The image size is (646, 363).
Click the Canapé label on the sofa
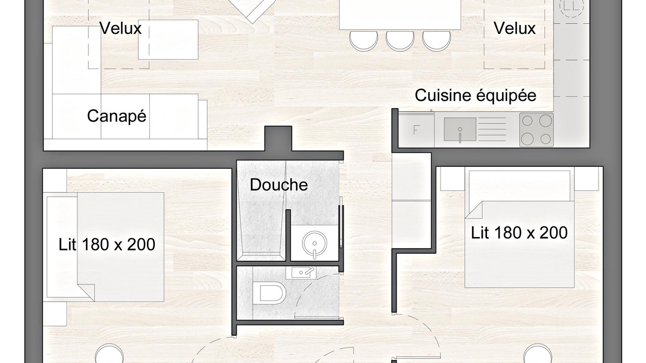pyautogui.click(x=117, y=116)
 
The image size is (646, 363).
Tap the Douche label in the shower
pyautogui.click(x=279, y=185)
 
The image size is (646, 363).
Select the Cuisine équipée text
pyautogui.click(x=475, y=96)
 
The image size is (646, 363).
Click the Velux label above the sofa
pyautogui.click(x=120, y=28)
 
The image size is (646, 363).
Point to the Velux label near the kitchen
pyautogui.click(x=514, y=28)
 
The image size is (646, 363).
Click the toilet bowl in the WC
pyautogui.click(x=270, y=293)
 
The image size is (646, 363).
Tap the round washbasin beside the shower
pyautogui.click(x=314, y=244)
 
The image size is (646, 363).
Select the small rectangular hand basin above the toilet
pyautogui.click(x=301, y=273)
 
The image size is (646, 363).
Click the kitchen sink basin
pyautogui.click(x=460, y=130)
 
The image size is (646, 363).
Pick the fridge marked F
pyautogui.click(x=416, y=130)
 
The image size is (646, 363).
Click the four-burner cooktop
pyautogui.click(x=536, y=130)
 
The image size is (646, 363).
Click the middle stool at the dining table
pyautogui.click(x=400, y=41)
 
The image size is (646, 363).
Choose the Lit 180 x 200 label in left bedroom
pyautogui.click(x=106, y=245)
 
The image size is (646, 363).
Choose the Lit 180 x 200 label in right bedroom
pyautogui.click(x=519, y=233)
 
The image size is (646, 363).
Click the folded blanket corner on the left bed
pyautogui.click(x=86, y=292)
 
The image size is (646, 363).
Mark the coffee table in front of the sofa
pyautogui.click(x=168, y=40)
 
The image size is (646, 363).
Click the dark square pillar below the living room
pyautogui.click(x=278, y=139)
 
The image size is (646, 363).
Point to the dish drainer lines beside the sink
pyautogui.click(x=492, y=130)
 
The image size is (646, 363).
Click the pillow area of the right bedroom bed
pyautogui.click(x=520, y=186)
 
